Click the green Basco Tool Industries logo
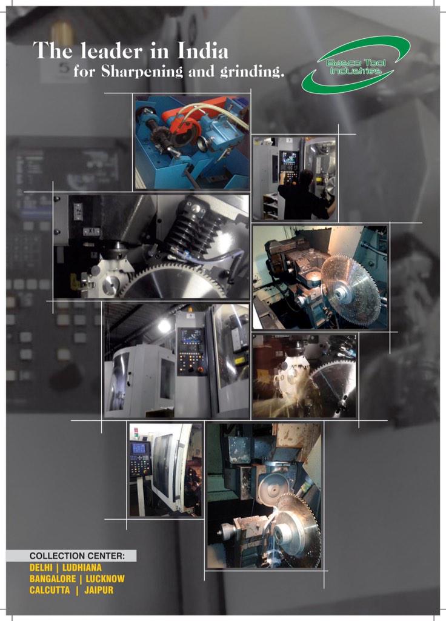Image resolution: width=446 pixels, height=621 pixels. pos(356,65)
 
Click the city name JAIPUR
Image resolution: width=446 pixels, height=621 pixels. pos(99,590)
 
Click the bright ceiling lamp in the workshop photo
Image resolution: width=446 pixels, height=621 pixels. pos(164,326)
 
